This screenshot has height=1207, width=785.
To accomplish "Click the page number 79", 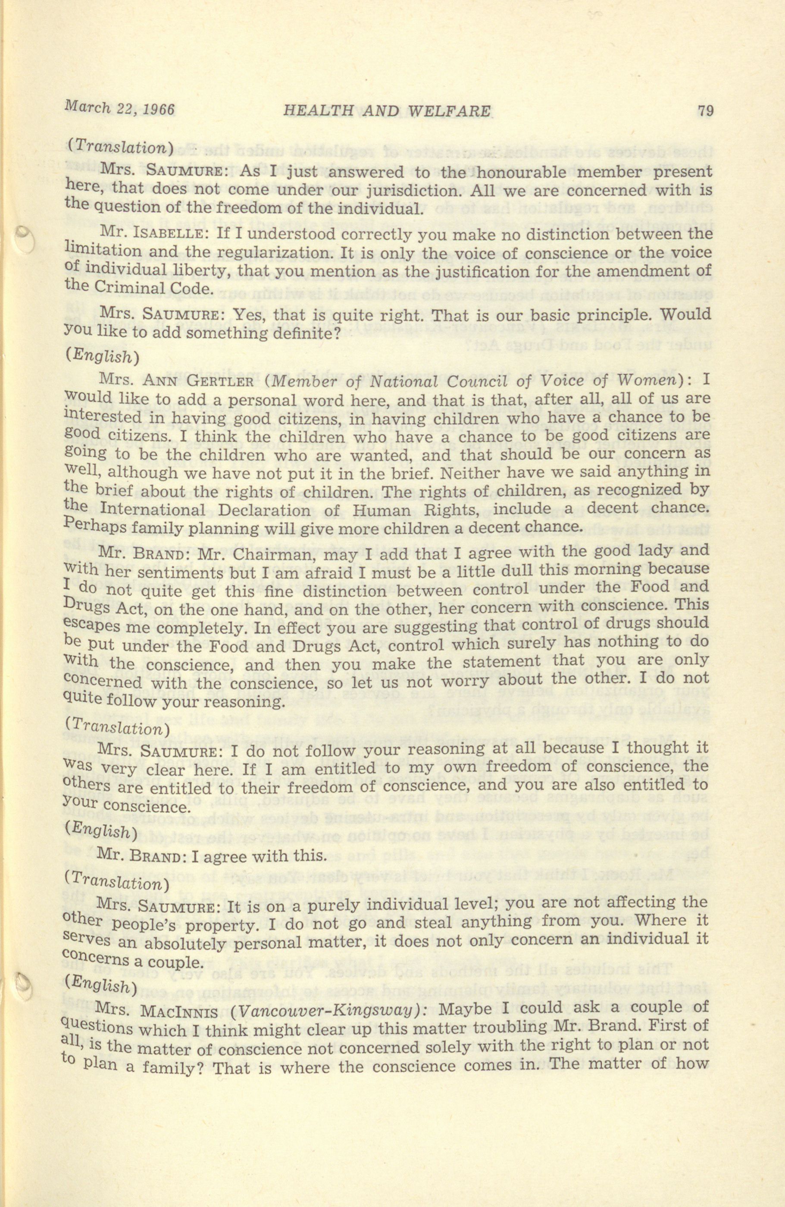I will coord(705,111).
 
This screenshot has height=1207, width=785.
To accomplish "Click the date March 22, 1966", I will coord(119,109).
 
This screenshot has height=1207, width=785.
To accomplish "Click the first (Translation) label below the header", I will coord(121,147).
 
